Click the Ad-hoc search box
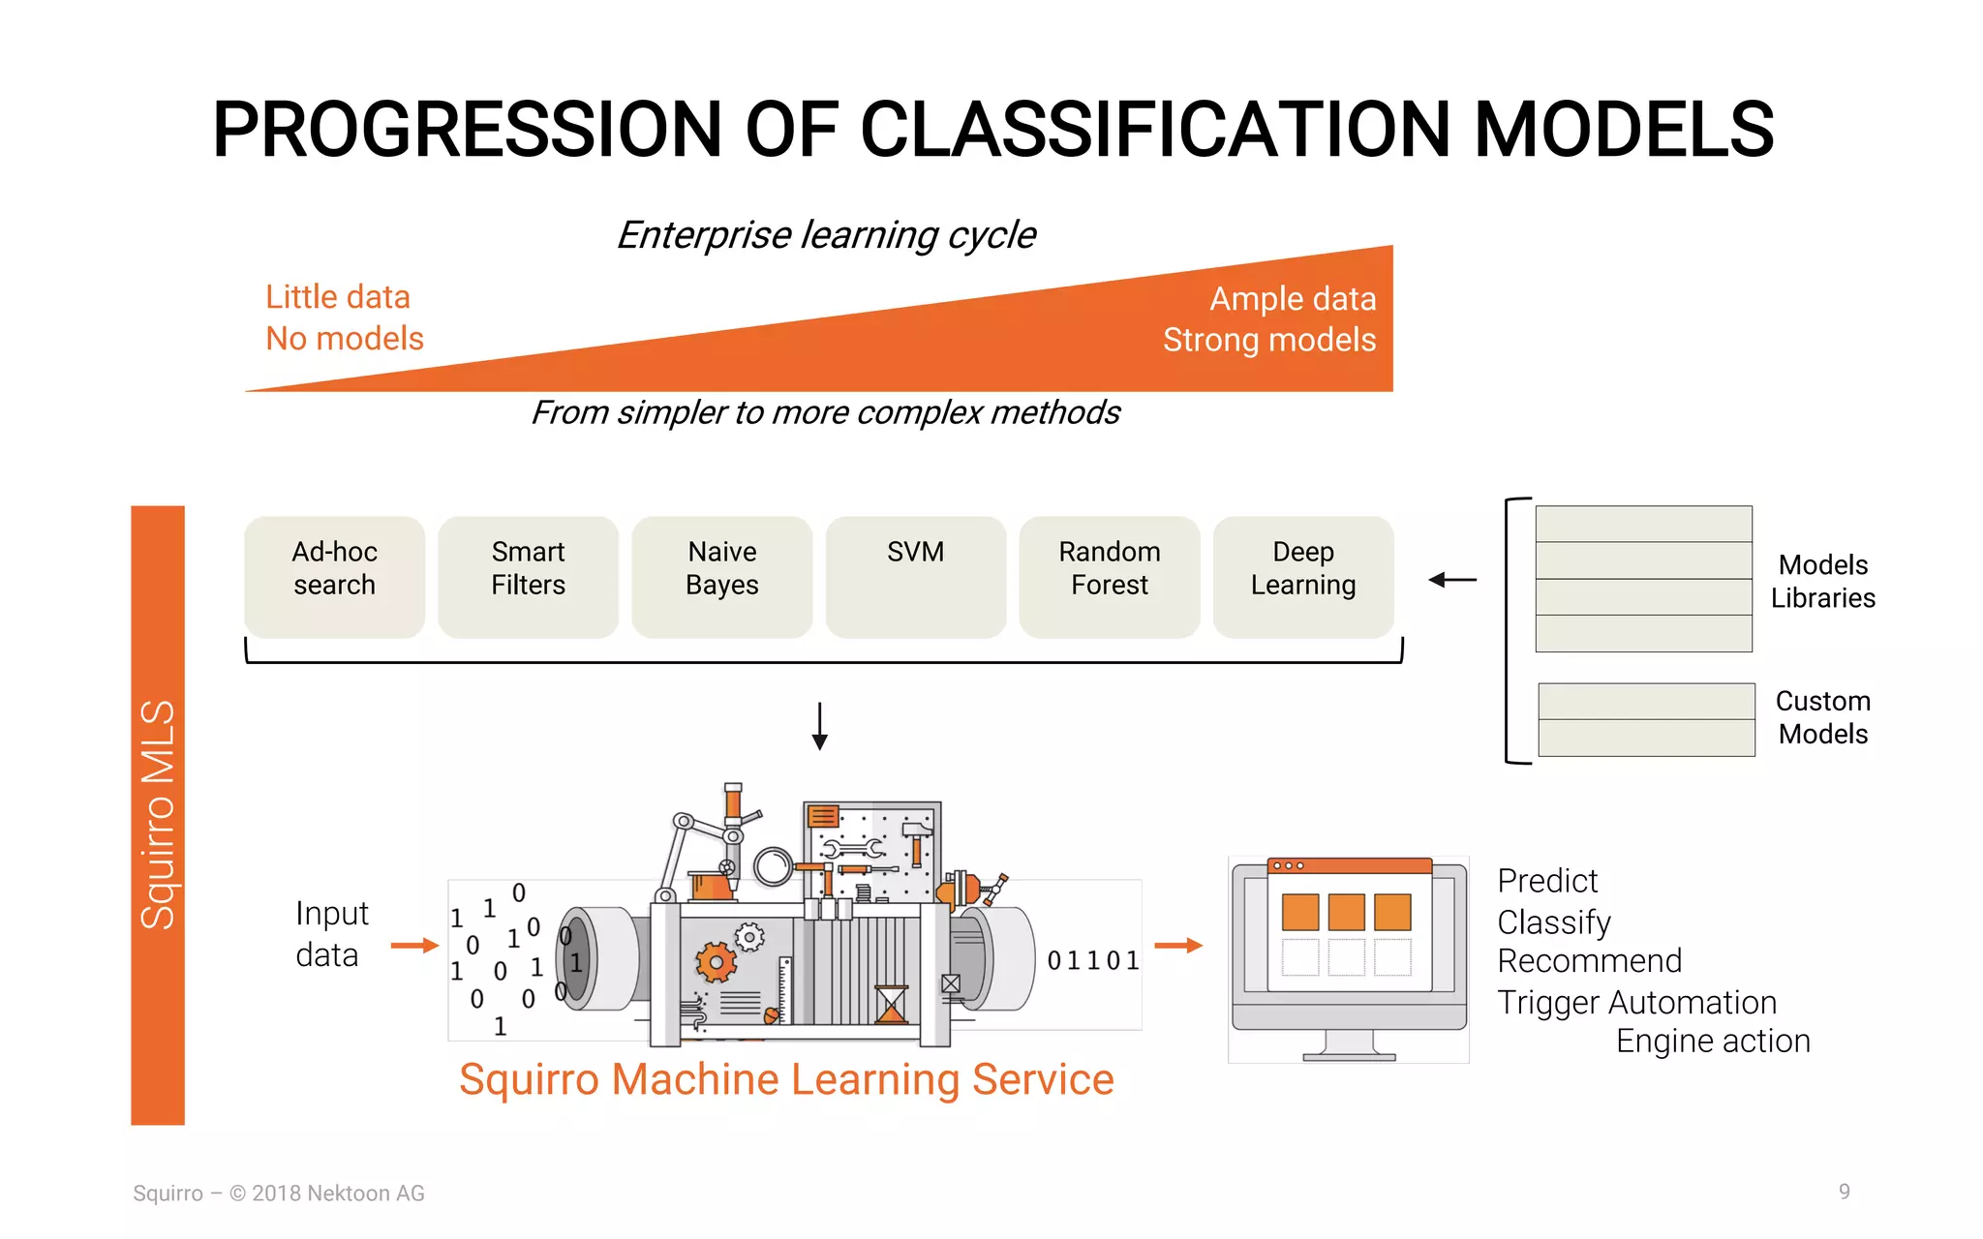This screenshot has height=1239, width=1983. point(334,577)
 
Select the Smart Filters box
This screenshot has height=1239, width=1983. point(528,577)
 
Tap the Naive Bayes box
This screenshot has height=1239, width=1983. point(721,577)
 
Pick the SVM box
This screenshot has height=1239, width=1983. point(915,577)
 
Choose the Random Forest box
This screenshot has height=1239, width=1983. point(1109,577)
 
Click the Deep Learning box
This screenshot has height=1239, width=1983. point(1302,577)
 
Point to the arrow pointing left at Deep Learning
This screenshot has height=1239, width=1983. point(1451,580)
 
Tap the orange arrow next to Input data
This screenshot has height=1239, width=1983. point(414,946)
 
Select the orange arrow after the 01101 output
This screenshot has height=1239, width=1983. point(1178,946)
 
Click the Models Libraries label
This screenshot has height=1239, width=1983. point(1822,581)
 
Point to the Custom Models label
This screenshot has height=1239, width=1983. point(1822,717)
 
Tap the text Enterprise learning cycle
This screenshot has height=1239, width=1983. point(826,235)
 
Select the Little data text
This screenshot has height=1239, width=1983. point(338,297)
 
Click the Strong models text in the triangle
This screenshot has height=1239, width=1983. point(1268,340)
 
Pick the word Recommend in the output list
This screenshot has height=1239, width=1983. point(1589,961)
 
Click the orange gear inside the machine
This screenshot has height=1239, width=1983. point(717,962)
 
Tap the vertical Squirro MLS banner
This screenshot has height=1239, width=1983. point(158,814)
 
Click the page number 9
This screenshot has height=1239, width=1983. point(1844,1192)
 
